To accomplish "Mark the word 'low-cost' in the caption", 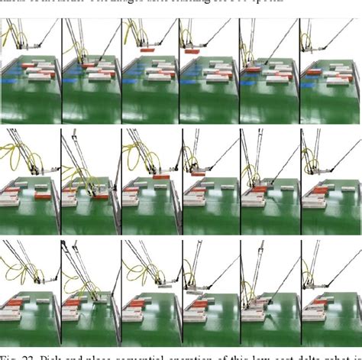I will tap(259, 354).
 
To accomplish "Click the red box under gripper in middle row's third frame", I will tap(160, 177).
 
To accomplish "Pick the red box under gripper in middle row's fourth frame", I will tap(197, 174).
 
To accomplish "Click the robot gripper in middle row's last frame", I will tap(321, 177).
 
